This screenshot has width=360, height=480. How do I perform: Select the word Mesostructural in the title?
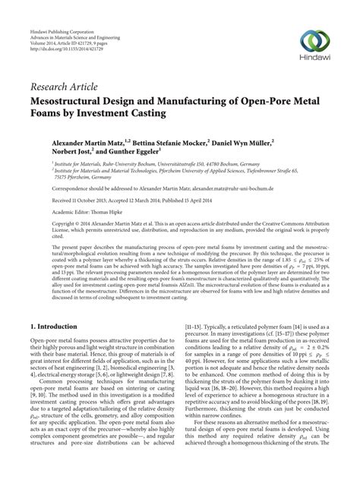71,101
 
